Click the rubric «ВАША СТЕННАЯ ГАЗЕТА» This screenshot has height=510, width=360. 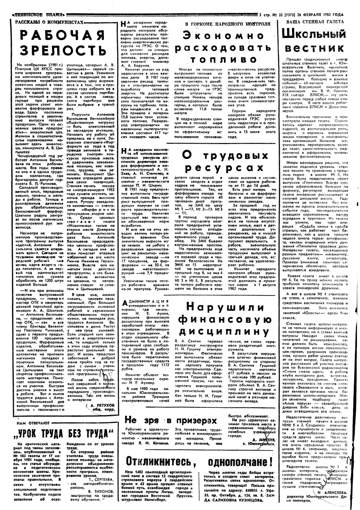(315, 22)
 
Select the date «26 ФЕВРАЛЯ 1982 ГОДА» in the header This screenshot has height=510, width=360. (319, 14)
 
